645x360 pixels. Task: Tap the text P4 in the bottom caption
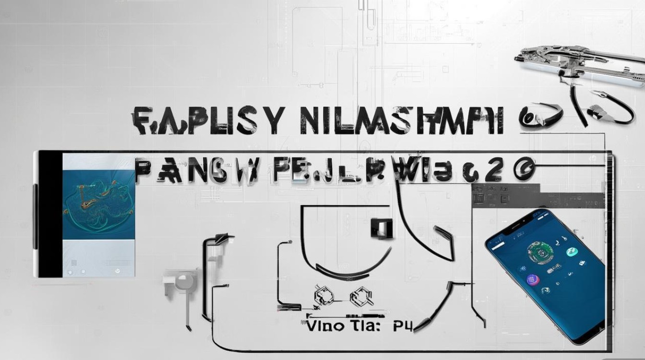click(x=402, y=326)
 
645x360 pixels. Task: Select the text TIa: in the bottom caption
click(x=364, y=327)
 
